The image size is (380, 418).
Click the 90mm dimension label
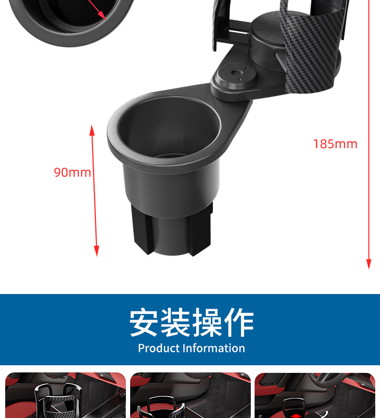click(72, 172)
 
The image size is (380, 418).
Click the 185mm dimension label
click(335, 144)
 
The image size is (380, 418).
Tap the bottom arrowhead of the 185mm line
click(368, 265)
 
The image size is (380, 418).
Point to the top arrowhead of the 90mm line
click(92, 129)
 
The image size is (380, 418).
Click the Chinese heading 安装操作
click(191, 323)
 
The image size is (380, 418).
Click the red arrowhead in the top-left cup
click(102, 15)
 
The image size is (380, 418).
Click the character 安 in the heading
click(144, 323)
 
